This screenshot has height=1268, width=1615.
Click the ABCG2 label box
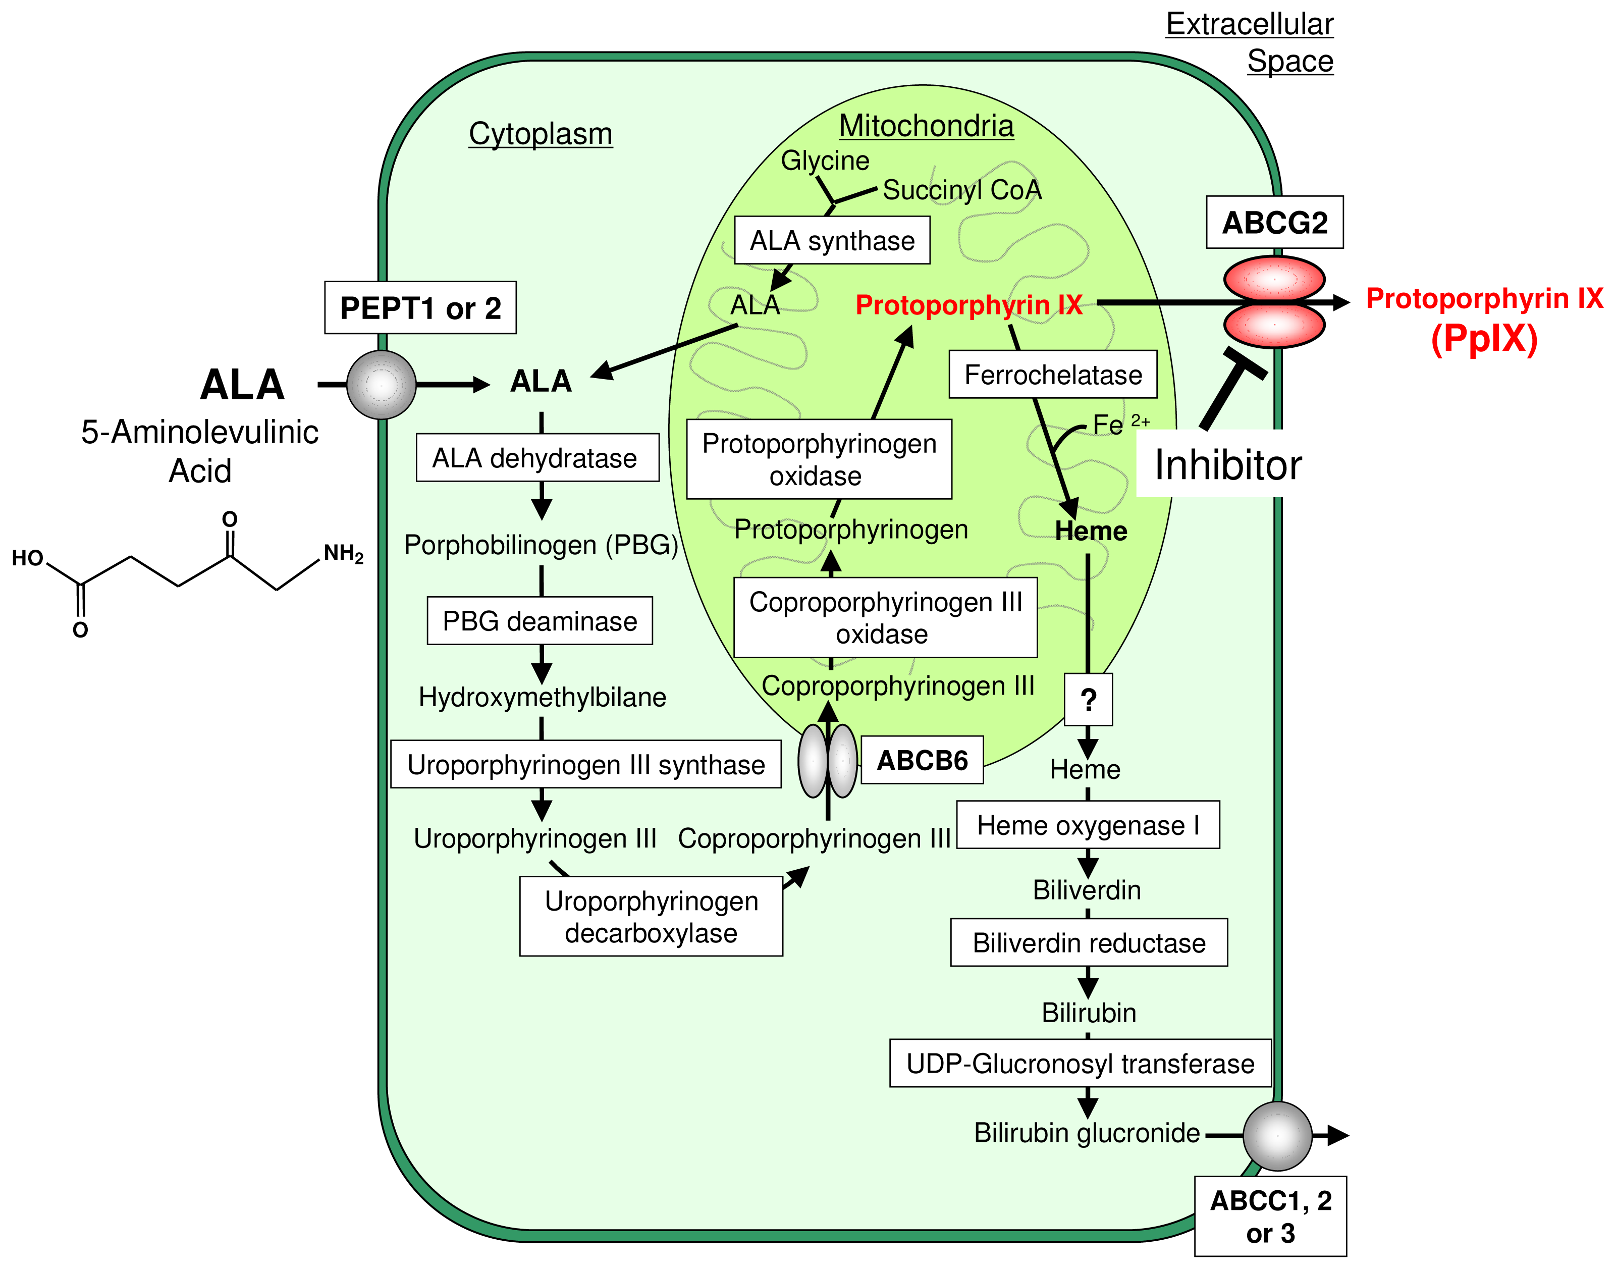tap(1274, 223)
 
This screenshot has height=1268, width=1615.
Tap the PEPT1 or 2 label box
tap(420, 308)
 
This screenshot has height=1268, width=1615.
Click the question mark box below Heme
tap(1088, 699)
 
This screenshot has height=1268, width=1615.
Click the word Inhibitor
tap(1227, 465)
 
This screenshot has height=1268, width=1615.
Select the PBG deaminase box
tap(540, 621)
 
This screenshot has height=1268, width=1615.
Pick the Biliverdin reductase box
tap(1089, 943)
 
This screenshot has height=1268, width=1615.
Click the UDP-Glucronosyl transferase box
tap(1080, 1063)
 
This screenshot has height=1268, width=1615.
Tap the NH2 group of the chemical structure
tap(343, 554)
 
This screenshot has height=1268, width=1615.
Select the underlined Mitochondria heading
tap(926, 126)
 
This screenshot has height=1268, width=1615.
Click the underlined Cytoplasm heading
tap(541, 134)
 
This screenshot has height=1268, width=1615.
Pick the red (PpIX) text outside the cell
tap(1484, 339)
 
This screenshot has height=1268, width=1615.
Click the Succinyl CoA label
tap(962, 190)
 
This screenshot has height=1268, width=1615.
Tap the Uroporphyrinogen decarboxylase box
tap(651, 916)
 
